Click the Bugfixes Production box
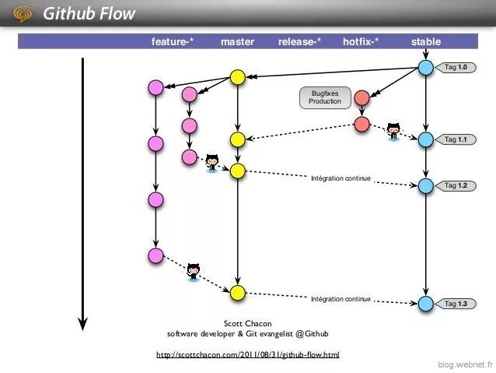click(x=324, y=97)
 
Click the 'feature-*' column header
click(x=173, y=42)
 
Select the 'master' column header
click(x=237, y=42)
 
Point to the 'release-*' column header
click(x=300, y=42)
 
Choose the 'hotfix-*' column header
click(x=361, y=42)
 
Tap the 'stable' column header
click(x=426, y=42)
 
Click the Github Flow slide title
click(x=89, y=13)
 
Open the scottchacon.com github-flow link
click(x=247, y=355)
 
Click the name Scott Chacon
click(x=247, y=324)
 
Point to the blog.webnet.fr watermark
click(x=465, y=364)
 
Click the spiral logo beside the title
click(x=24, y=13)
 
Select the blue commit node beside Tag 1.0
click(x=425, y=68)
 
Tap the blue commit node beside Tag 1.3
click(x=425, y=303)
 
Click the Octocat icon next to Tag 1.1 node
click(x=393, y=132)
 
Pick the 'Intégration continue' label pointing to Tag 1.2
click(x=341, y=179)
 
